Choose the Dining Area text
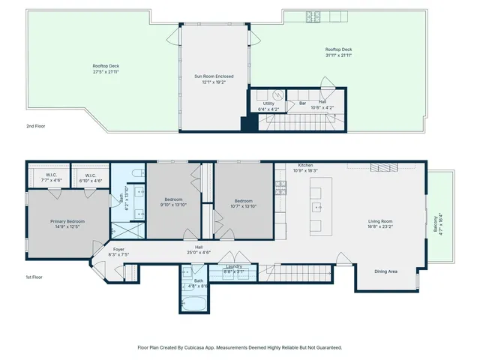386,271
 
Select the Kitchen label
305,165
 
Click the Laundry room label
233,265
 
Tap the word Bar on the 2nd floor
303,103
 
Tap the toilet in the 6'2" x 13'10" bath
136,174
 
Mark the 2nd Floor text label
35,127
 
